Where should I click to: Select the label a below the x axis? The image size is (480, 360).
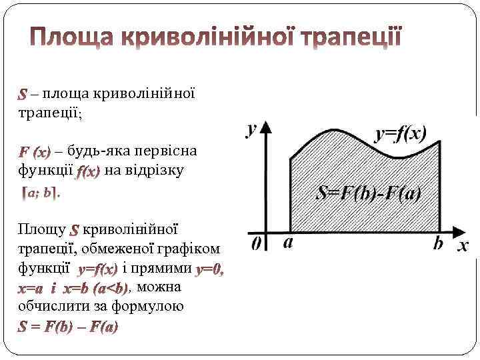point(288,243)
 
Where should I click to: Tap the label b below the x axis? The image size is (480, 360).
point(438,243)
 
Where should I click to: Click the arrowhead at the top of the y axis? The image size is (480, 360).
point(267,127)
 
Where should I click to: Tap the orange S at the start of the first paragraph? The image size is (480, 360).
point(23,93)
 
